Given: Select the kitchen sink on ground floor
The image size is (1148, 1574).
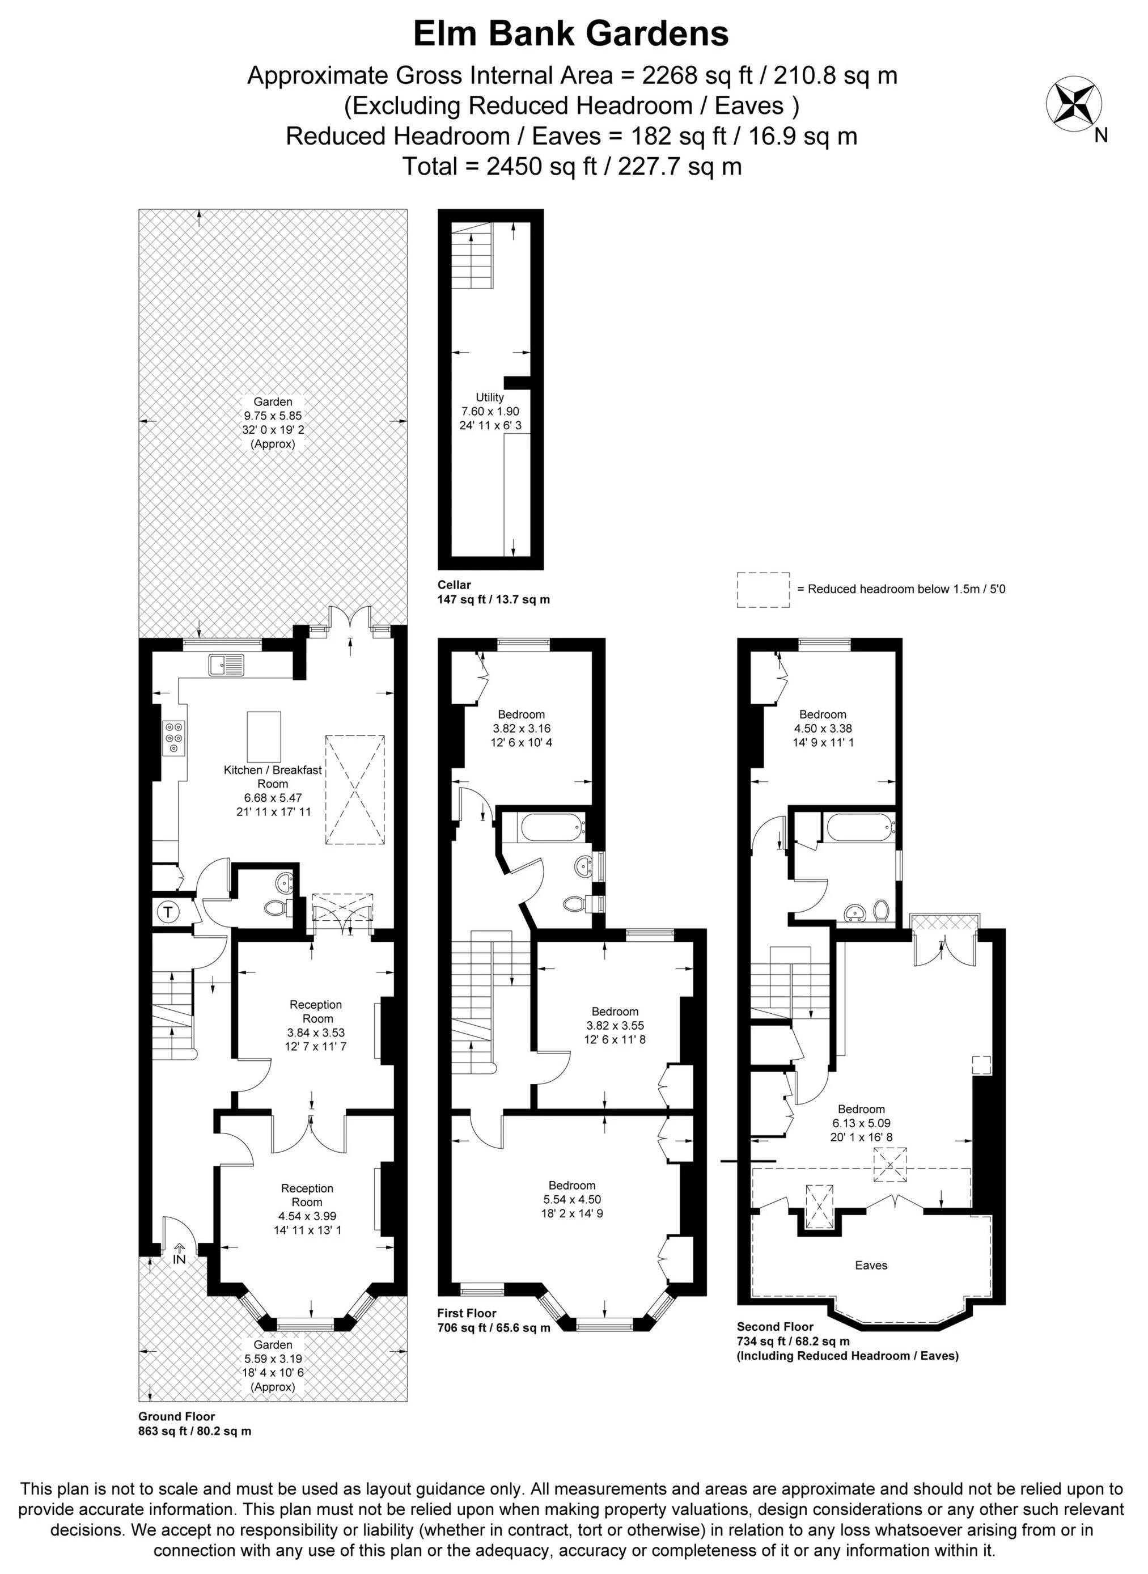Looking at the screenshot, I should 226,665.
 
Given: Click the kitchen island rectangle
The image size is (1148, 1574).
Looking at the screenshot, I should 264,737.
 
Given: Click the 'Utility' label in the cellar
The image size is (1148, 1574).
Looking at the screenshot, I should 489,397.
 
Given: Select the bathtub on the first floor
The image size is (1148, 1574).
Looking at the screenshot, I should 551,827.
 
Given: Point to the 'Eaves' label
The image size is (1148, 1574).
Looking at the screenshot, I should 871,1266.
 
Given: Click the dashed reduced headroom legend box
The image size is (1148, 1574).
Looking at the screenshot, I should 763,590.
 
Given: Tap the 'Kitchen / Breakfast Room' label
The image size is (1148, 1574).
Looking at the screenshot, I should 273,776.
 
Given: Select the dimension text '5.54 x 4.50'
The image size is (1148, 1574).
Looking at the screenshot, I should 572,1199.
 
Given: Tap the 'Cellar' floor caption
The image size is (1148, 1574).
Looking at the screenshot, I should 454,585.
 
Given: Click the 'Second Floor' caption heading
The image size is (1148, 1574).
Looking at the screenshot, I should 774,1327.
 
